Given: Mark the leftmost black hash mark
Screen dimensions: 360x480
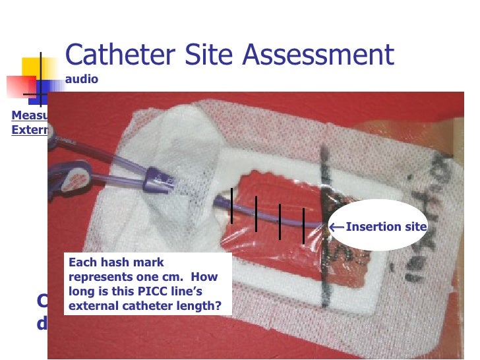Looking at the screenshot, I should coord(231,206).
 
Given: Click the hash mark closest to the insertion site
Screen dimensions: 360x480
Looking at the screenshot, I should coord(303,225).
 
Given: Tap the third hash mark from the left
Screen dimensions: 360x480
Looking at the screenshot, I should coord(280,222).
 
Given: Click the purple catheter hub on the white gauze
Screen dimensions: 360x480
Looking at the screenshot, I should coord(156,176).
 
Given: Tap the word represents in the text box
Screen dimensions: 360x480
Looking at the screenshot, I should coord(98,277).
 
